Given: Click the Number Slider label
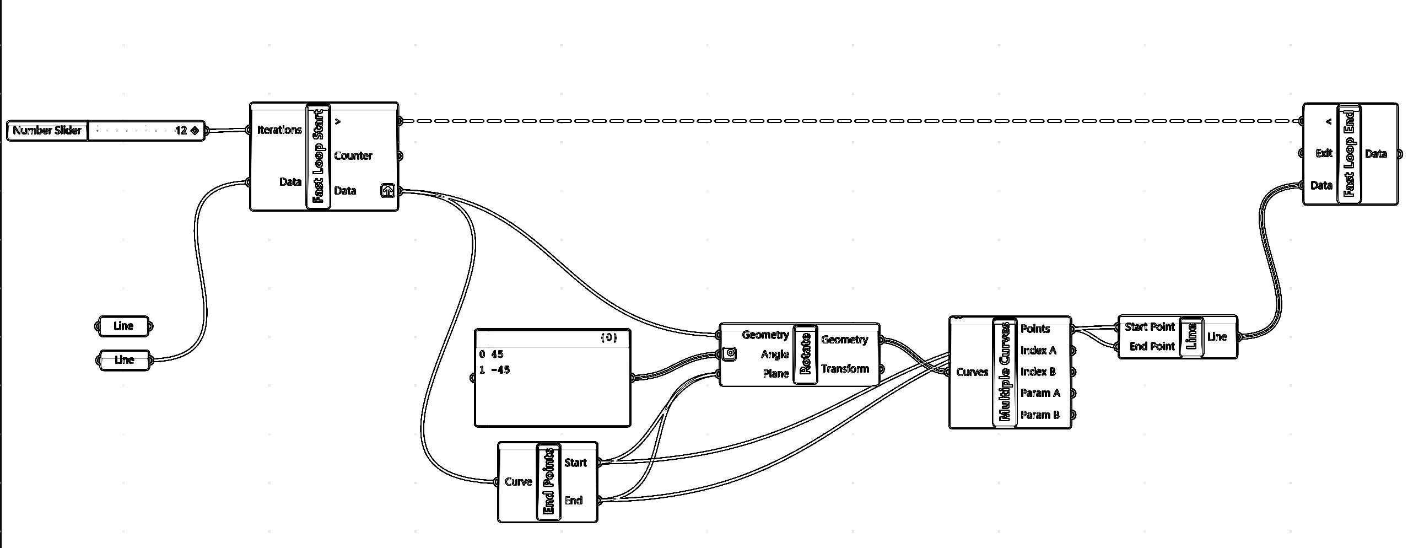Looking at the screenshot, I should pyautogui.click(x=47, y=131).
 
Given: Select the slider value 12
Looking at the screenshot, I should pyautogui.click(x=181, y=131).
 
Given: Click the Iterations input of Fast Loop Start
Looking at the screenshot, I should pyautogui.click(x=279, y=130).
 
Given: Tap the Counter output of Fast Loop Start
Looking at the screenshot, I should pyautogui.click(x=353, y=156).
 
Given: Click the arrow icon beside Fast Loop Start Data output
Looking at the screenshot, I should pyautogui.click(x=387, y=191).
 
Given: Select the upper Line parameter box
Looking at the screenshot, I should pyautogui.click(x=123, y=326).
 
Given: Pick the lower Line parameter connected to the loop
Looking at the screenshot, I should pyautogui.click(x=124, y=360).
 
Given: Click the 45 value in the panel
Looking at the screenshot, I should pyautogui.click(x=497, y=354).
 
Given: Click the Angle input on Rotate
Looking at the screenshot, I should pyautogui.click(x=774, y=354).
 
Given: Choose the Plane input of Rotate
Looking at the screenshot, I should pyautogui.click(x=775, y=374).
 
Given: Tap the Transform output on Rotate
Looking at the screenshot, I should pyautogui.click(x=845, y=369).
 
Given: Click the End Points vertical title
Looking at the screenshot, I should pyautogui.click(x=549, y=482).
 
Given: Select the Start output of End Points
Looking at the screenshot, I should pyautogui.click(x=575, y=463).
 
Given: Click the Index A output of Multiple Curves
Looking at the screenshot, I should pyautogui.click(x=1038, y=351).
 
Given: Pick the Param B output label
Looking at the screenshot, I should pyautogui.click(x=1040, y=415).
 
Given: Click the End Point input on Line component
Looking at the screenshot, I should pyautogui.click(x=1152, y=347).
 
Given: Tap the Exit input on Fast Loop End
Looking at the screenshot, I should pyautogui.click(x=1324, y=153).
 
